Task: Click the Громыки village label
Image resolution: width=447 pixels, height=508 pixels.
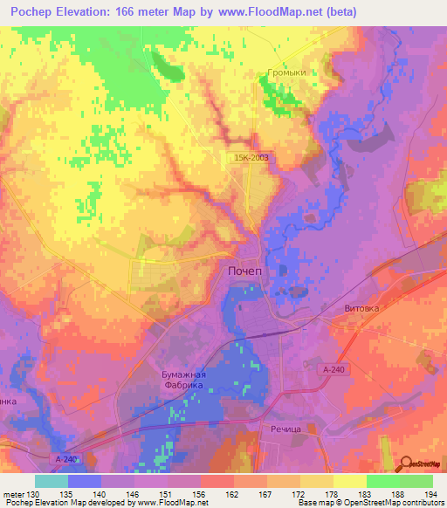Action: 287,73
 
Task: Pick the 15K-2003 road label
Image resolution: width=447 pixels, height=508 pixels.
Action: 251,157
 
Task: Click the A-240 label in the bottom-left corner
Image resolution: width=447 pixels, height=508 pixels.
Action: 66,459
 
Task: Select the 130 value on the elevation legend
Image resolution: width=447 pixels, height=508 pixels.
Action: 33,493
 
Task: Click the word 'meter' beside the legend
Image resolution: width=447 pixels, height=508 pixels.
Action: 13,493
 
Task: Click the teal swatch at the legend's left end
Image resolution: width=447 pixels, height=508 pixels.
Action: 52,481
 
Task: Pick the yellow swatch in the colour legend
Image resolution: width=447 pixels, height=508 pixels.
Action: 350,481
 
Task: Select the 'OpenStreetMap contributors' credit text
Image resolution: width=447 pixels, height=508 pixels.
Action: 389,502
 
